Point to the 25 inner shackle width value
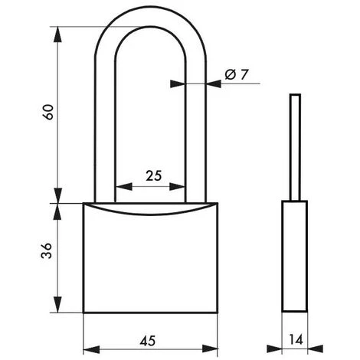(x=153, y=176)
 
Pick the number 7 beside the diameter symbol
(x=244, y=74)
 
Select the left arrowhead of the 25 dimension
(x=118, y=186)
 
